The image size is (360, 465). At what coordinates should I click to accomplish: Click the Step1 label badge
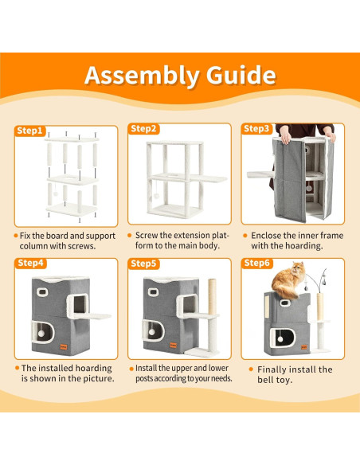coord(29,131)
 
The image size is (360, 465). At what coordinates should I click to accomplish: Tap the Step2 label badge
coord(143,129)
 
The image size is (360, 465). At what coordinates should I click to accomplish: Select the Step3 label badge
coord(256,129)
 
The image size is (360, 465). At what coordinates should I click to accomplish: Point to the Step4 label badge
coord(30,263)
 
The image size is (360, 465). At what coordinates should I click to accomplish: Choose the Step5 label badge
coord(143,264)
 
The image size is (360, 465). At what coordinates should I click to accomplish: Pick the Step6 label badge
coord(256,263)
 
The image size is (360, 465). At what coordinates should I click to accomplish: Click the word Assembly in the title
coord(142,76)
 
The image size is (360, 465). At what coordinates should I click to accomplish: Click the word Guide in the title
coord(241,75)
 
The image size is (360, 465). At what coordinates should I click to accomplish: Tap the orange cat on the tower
coord(288,280)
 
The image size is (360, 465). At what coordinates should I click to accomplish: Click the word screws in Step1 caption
coord(81,246)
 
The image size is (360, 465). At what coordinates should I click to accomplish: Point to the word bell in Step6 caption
coord(264,380)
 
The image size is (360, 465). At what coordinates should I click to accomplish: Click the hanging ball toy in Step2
coord(156,196)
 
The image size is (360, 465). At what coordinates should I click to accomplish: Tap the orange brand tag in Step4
coord(63,346)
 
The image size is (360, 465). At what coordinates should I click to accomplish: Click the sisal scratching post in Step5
coord(212,296)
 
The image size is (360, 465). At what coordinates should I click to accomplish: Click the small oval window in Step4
coord(42,292)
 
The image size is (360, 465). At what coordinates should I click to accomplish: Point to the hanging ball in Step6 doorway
coord(280,339)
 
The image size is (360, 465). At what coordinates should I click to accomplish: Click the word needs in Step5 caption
coord(221,378)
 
